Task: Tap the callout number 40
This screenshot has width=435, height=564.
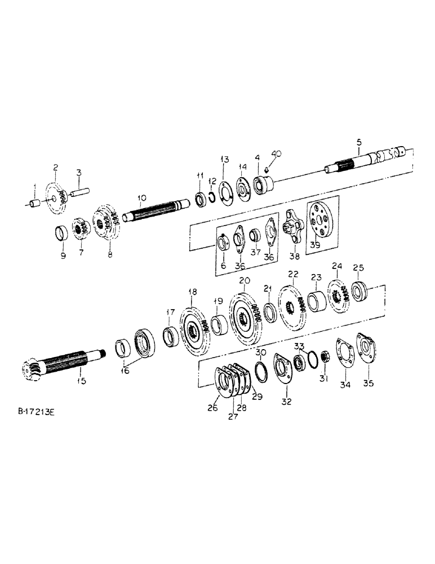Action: (x=276, y=153)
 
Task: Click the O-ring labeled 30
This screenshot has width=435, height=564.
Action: (x=261, y=371)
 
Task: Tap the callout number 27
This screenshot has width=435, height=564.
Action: (x=233, y=417)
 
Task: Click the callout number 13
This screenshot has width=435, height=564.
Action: (x=225, y=160)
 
